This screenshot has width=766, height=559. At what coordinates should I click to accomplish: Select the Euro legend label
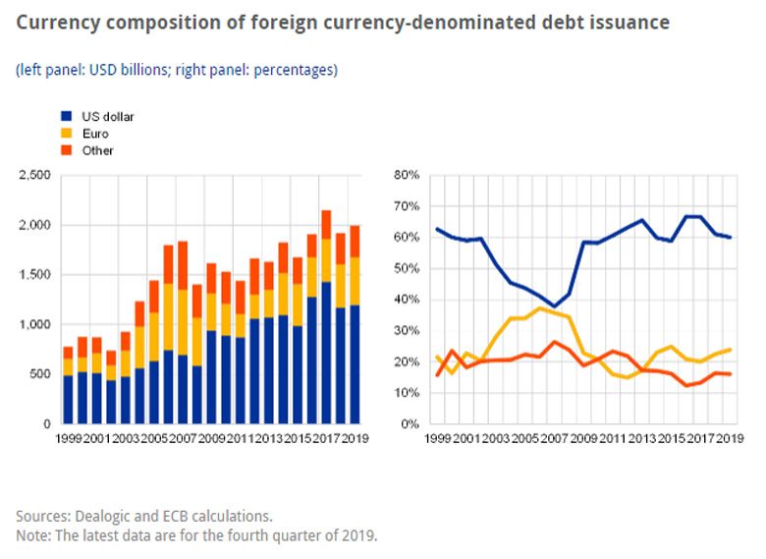[94, 133]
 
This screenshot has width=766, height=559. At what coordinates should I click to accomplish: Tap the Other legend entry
[97, 150]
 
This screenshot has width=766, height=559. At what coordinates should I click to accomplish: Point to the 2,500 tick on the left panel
[34, 175]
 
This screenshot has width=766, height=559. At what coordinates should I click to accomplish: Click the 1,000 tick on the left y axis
[34, 324]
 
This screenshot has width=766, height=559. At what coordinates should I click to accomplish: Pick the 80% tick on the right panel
[407, 175]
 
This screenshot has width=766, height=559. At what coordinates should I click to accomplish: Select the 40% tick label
[407, 300]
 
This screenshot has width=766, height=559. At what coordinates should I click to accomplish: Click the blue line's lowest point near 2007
[556, 307]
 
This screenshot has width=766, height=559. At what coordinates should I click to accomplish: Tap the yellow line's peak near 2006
[540, 308]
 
